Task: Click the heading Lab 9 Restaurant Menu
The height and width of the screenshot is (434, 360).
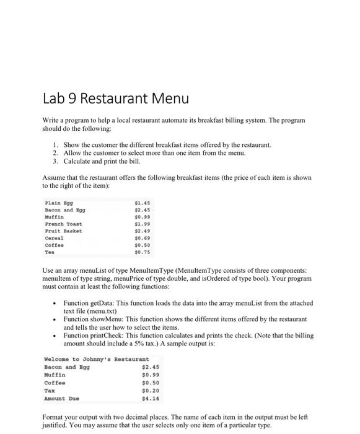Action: [115, 99]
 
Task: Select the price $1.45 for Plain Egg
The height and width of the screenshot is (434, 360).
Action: [142, 202]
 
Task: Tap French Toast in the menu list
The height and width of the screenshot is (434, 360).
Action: [64, 224]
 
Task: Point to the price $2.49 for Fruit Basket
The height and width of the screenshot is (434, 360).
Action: [142, 231]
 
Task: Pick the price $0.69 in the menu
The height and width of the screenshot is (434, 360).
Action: [142, 239]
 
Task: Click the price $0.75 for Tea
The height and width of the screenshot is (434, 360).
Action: [142, 253]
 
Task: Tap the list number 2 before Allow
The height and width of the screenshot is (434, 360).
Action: [55, 152]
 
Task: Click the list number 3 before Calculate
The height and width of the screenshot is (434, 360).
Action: [55, 160]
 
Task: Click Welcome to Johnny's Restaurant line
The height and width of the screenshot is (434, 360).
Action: [97, 359]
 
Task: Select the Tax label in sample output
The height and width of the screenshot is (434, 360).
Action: [50, 390]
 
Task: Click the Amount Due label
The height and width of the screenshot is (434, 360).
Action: [62, 398]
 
